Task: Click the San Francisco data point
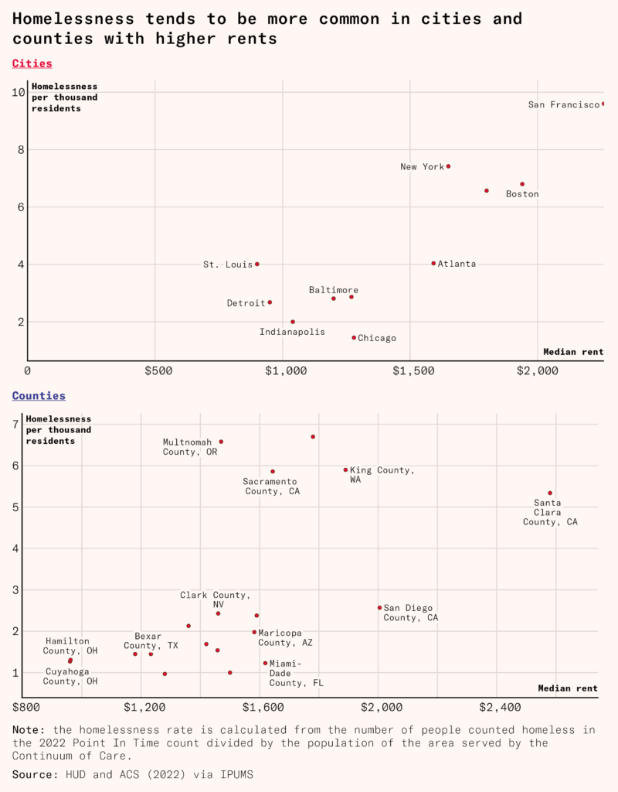(x=603, y=104)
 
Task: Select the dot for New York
(x=448, y=166)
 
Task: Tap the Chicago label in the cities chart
(x=377, y=338)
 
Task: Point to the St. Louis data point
(x=257, y=264)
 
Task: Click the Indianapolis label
(x=292, y=332)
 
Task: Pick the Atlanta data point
(x=433, y=263)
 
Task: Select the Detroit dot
(x=270, y=302)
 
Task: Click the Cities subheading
(x=32, y=63)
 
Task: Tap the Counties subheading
(x=39, y=395)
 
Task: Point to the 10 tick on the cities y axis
(x=19, y=92)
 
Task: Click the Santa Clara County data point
(x=550, y=493)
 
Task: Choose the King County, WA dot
(x=346, y=469)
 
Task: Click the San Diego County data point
(x=379, y=607)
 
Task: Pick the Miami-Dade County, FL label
(x=296, y=673)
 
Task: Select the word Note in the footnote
(x=28, y=729)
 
